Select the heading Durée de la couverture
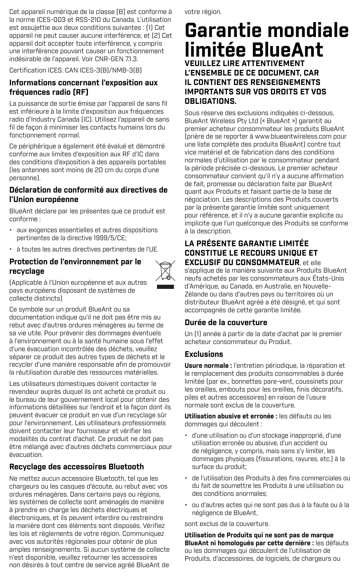226,322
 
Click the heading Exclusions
204,354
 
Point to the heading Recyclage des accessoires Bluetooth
77,466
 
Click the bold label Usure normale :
208,366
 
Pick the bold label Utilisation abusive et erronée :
231,416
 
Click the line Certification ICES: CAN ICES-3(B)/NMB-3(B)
75,70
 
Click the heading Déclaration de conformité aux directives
88,190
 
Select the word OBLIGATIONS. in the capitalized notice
211,101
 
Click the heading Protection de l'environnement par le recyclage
75,266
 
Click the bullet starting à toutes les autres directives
87,249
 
